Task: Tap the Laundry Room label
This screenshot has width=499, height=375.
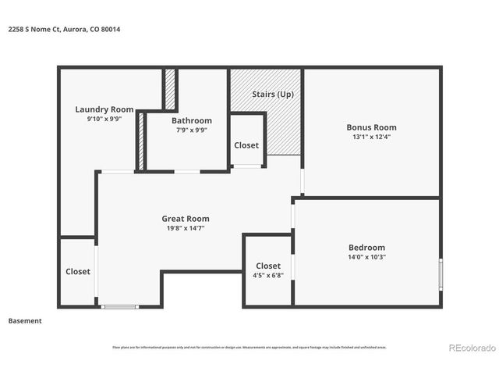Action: click(x=104, y=109)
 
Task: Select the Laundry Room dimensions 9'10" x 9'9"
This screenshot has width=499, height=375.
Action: click(x=104, y=119)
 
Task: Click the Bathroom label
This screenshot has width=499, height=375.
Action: click(x=191, y=120)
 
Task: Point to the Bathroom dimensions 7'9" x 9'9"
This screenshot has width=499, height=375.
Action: click(x=191, y=130)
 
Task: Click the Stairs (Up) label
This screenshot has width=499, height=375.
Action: click(x=273, y=95)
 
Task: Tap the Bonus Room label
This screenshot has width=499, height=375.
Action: click(x=371, y=127)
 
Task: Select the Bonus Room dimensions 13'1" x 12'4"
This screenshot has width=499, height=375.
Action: click(x=371, y=137)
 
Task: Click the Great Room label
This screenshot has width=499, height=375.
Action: click(x=185, y=219)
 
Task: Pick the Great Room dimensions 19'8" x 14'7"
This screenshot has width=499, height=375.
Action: click(x=185, y=228)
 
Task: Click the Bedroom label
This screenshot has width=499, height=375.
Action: click(x=366, y=248)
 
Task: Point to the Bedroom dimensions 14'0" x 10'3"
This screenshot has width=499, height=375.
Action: click(x=366, y=257)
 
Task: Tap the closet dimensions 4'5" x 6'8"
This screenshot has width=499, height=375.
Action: click(x=267, y=276)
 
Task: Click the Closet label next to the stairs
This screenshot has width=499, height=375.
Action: click(x=246, y=145)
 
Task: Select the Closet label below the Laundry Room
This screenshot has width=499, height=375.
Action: click(x=77, y=272)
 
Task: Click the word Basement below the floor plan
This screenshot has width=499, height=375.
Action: click(x=25, y=321)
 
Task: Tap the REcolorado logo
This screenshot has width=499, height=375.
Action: click(x=472, y=348)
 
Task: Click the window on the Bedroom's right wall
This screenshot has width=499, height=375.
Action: click(x=441, y=273)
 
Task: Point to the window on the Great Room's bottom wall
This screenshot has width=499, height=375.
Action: click(x=120, y=306)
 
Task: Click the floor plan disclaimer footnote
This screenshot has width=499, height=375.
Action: click(x=249, y=348)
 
